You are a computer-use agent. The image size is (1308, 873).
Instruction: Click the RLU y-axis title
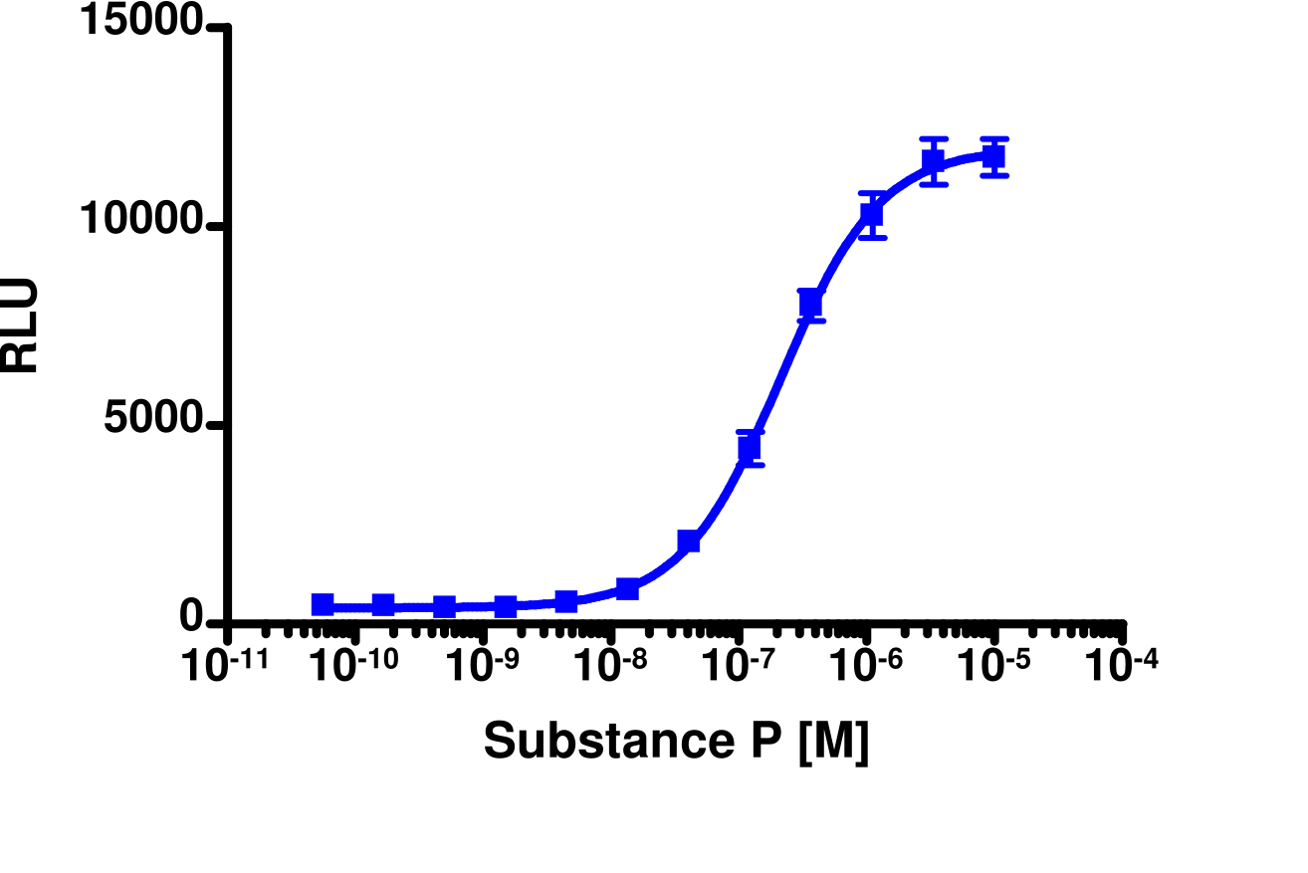pyautogui.click(x=20, y=326)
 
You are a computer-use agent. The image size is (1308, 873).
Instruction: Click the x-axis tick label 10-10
pyautogui.click(x=356, y=665)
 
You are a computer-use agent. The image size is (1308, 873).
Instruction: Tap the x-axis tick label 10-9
pyautogui.click(x=483, y=665)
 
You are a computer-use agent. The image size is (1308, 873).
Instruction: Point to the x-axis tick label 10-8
pyautogui.click(x=610, y=665)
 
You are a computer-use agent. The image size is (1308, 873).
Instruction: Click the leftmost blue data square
pyautogui.click(x=323, y=604)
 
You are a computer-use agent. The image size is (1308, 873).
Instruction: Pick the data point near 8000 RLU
pyautogui.click(x=810, y=303)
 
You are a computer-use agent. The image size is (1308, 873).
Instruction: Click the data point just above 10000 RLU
pyautogui.click(x=872, y=214)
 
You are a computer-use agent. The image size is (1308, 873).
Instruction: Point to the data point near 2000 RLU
pyautogui.click(x=688, y=541)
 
